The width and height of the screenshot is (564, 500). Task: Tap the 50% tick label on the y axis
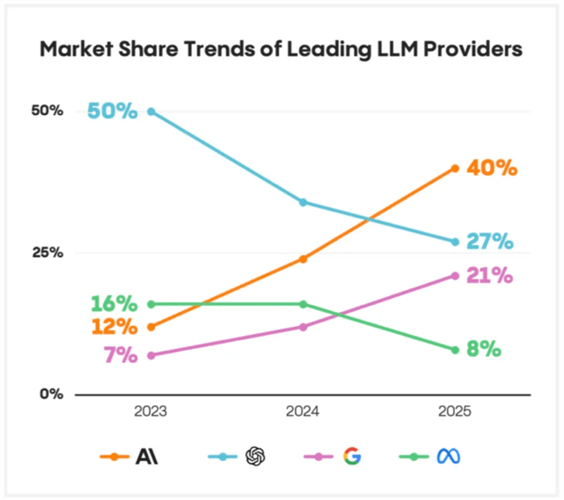(47, 110)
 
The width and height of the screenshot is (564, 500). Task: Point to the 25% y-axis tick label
(47, 252)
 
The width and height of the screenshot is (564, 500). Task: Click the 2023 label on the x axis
(151, 411)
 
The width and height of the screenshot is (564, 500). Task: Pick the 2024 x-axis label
(303, 411)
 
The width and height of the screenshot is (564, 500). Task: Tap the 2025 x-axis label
(454, 411)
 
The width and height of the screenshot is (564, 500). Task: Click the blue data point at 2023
(151, 111)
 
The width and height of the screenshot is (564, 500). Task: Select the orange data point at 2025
(455, 168)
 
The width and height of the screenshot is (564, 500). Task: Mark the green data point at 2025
(455, 349)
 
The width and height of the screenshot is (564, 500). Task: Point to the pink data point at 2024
(303, 326)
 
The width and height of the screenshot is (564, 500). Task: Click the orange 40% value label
(490, 168)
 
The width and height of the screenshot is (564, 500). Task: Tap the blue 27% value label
(489, 242)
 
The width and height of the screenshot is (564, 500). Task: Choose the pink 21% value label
(489, 275)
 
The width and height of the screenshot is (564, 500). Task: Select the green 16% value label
(114, 304)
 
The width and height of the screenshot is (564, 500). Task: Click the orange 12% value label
(114, 327)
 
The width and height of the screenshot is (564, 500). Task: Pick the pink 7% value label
(120, 355)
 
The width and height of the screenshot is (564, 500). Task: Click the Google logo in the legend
(351, 457)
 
